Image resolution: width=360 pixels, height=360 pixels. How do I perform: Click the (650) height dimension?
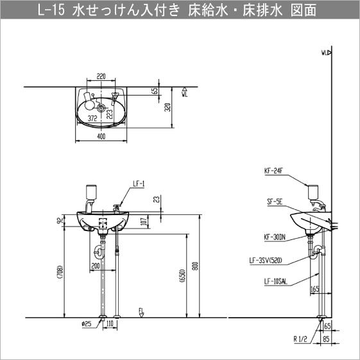182,276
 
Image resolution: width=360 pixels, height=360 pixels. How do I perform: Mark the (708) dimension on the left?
60,273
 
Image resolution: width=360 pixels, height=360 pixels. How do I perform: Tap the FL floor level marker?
141,311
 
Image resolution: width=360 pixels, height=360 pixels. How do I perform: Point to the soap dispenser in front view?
90,193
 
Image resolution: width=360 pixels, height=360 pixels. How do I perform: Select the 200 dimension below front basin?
95,264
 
